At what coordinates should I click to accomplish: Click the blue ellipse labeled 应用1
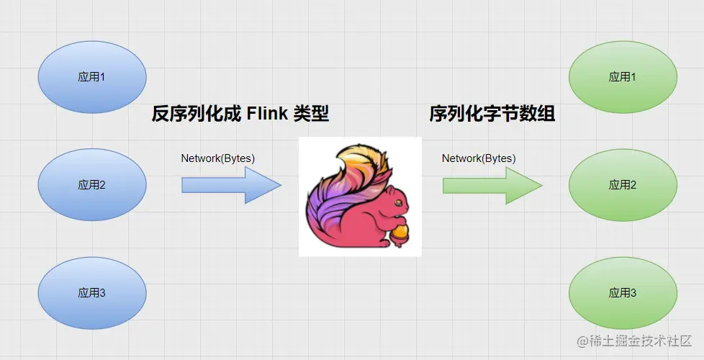coord(91,77)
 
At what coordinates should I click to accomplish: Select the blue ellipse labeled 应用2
coord(91,185)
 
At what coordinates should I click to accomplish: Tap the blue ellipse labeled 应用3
coord(91,293)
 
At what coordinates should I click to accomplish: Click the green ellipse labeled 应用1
coord(623,77)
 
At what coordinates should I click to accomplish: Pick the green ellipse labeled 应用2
coord(623,185)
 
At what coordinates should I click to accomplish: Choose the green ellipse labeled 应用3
coord(623,293)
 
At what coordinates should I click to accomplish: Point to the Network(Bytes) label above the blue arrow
coord(217,158)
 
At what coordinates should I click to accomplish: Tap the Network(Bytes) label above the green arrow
coord(479,158)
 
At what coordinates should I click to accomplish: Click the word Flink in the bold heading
coord(267,114)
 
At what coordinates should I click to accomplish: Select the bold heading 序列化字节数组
coord(492,114)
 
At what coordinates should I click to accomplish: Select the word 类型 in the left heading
coord(311,114)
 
